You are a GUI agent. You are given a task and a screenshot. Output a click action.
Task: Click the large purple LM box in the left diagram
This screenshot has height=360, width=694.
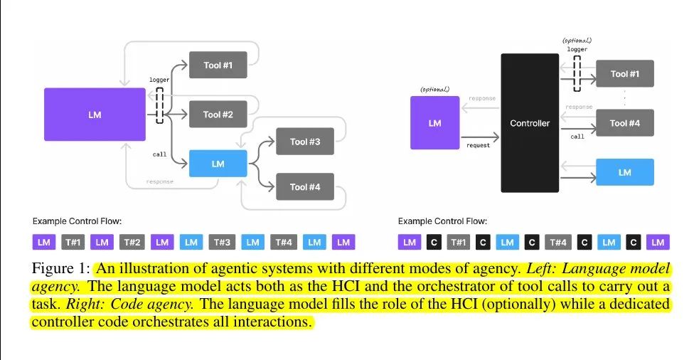pyautogui.click(x=95, y=115)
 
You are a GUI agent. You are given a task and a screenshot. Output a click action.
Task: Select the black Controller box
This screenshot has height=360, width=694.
pyautogui.click(x=530, y=123)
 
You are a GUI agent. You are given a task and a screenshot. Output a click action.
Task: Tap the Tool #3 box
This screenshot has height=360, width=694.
pyautogui.click(x=305, y=142)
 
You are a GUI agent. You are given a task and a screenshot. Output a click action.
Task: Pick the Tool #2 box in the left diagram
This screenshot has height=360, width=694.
pyautogui.click(x=218, y=115)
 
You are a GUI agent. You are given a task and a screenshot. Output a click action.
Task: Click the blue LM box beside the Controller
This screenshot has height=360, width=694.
pyautogui.click(x=625, y=172)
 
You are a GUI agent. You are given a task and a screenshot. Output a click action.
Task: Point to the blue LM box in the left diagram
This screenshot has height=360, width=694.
pyautogui.click(x=218, y=164)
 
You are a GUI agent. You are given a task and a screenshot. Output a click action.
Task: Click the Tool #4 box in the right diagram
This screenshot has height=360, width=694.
pyautogui.click(x=625, y=123)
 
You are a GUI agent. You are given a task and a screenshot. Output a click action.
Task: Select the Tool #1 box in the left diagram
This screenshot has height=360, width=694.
pyautogui.click(x=218, y=65)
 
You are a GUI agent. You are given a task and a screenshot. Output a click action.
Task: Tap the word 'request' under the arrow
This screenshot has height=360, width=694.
pyautogui.click(x=478, y=145)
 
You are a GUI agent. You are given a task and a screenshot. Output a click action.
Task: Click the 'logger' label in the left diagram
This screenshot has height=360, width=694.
pyautogui.click(x=159, y=80)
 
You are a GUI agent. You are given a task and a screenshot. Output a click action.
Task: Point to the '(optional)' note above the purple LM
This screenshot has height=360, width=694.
pyautogui.click(x=434, y=90)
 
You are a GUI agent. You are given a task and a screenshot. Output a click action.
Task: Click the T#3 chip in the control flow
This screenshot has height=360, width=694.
pyautogui.click(x=222, y=242)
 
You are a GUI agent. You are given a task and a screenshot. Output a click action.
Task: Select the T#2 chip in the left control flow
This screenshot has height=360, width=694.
pyautogui.click(x=132, y=242)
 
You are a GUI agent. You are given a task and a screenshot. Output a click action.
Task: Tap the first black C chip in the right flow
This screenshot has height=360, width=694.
pyautogui.click(x=434, y=242)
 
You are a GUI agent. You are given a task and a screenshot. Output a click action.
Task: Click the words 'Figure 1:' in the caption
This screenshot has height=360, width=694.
pyautogui.click(x=61, y=268)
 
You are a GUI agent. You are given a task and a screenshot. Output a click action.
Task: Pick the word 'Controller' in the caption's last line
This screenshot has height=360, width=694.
pyautogui.click(x=63, y=322)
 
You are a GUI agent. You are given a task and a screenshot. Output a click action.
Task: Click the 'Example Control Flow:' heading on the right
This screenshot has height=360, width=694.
pyautogui.click(x=442, y=221)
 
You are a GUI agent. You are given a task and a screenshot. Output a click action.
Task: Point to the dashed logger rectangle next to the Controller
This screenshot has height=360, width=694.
pyautogui.click(x=577, y=73)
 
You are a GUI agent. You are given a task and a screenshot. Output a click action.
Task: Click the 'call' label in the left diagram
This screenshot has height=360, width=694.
pyautogui.click(x=159, y=154)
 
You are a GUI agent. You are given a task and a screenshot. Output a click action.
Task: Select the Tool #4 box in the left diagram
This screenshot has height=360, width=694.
pyautogui.click(x=305, y=187)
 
